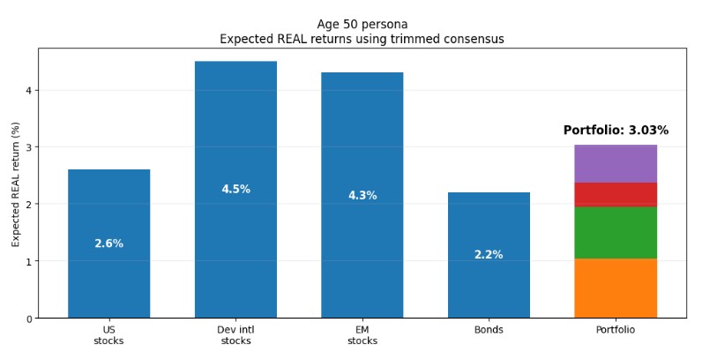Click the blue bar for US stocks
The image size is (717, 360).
coord(108,203)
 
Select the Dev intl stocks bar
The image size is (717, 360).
coord(235,132)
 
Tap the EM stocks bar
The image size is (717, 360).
coord(362,141)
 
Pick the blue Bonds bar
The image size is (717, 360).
coord(489,221)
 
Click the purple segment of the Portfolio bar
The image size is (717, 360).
coord(616,163)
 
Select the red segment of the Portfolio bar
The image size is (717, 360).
coord(616,194)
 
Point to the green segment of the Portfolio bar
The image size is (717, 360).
coord(616,232)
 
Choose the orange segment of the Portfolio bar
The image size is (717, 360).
coord(616,288)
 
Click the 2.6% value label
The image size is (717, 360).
coord(108,244)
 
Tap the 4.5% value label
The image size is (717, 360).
coord(235,190)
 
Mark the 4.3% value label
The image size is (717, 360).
coord(362,196)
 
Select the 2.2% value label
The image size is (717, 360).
coord(489,255)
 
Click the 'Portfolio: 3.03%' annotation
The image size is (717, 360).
coord(616,131)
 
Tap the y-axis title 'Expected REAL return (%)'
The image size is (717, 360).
coord(16,184)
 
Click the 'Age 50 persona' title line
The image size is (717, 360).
coord(362,24)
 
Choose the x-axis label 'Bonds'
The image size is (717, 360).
coord(489,330)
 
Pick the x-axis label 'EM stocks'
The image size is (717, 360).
coord(362,335)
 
